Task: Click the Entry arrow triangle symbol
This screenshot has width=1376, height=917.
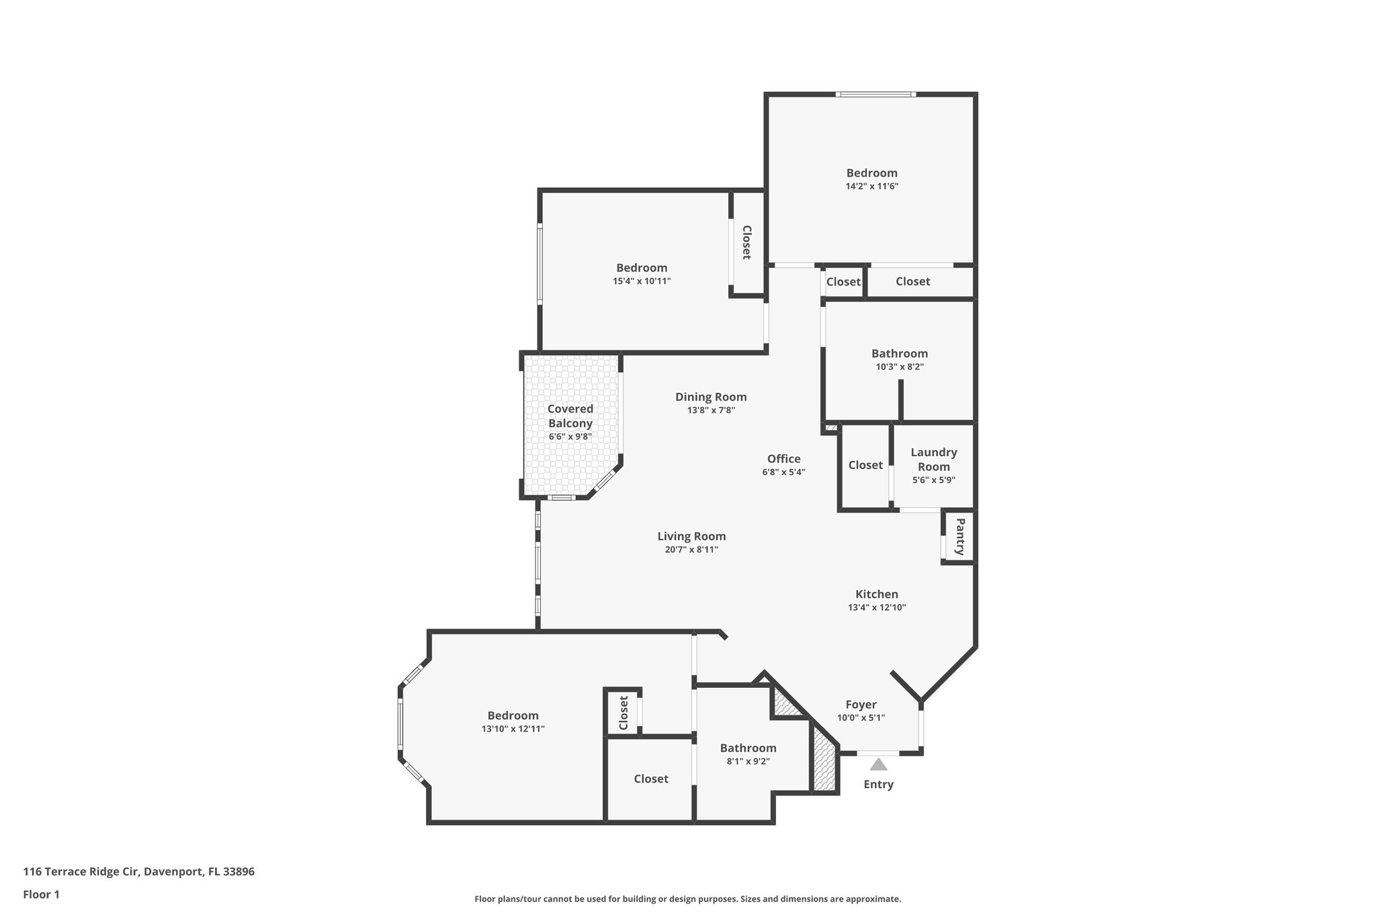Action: (878, 765)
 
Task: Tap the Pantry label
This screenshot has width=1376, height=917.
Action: (960, 537)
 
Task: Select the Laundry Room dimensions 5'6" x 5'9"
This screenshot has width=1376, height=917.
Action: (934, 480)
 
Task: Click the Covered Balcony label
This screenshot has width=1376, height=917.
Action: (570, 416)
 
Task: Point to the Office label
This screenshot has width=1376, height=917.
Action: (783, 459)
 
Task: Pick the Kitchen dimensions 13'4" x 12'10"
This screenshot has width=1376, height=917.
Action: (877, 607)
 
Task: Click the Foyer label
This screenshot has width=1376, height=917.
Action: (861, 705)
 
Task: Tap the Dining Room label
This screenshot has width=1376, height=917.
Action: (711, 397)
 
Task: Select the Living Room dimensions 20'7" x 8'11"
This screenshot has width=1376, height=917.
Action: (691, 550)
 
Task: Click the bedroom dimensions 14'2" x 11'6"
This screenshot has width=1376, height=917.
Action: (871, 186)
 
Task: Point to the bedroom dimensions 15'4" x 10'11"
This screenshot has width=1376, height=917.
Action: (642, 281)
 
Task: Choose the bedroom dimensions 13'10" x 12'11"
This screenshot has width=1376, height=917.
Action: (513, 729)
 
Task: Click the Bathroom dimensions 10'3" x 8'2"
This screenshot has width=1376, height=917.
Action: (900, 367)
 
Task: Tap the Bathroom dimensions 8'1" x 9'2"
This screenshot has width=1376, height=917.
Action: (748, 761)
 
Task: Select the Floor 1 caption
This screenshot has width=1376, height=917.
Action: (41, 894)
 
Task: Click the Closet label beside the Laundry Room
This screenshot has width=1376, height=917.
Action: (865, 465)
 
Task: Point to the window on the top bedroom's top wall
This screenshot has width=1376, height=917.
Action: (875, 94)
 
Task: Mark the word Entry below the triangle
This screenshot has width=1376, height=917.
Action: (878, 784)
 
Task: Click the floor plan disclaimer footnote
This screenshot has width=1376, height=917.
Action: (687, 899)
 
